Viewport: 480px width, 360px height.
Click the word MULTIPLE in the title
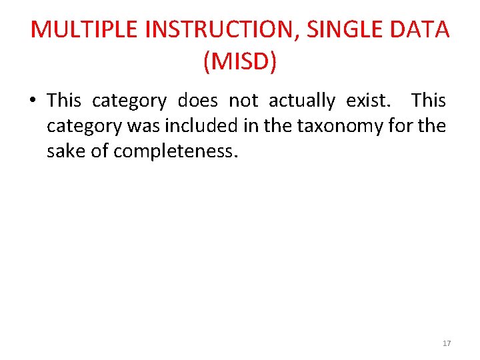[84, 30]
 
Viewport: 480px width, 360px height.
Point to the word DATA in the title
[425, 30]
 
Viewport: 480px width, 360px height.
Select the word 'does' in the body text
[197, 101]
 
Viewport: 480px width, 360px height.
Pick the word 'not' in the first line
[243, 101]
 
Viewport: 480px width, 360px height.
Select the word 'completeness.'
[175, 152]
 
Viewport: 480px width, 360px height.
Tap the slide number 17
[447, 343]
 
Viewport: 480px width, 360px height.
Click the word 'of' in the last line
[100, 151]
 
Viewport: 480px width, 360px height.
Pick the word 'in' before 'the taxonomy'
[251, 126]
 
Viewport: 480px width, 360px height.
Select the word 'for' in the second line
[409, 126]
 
